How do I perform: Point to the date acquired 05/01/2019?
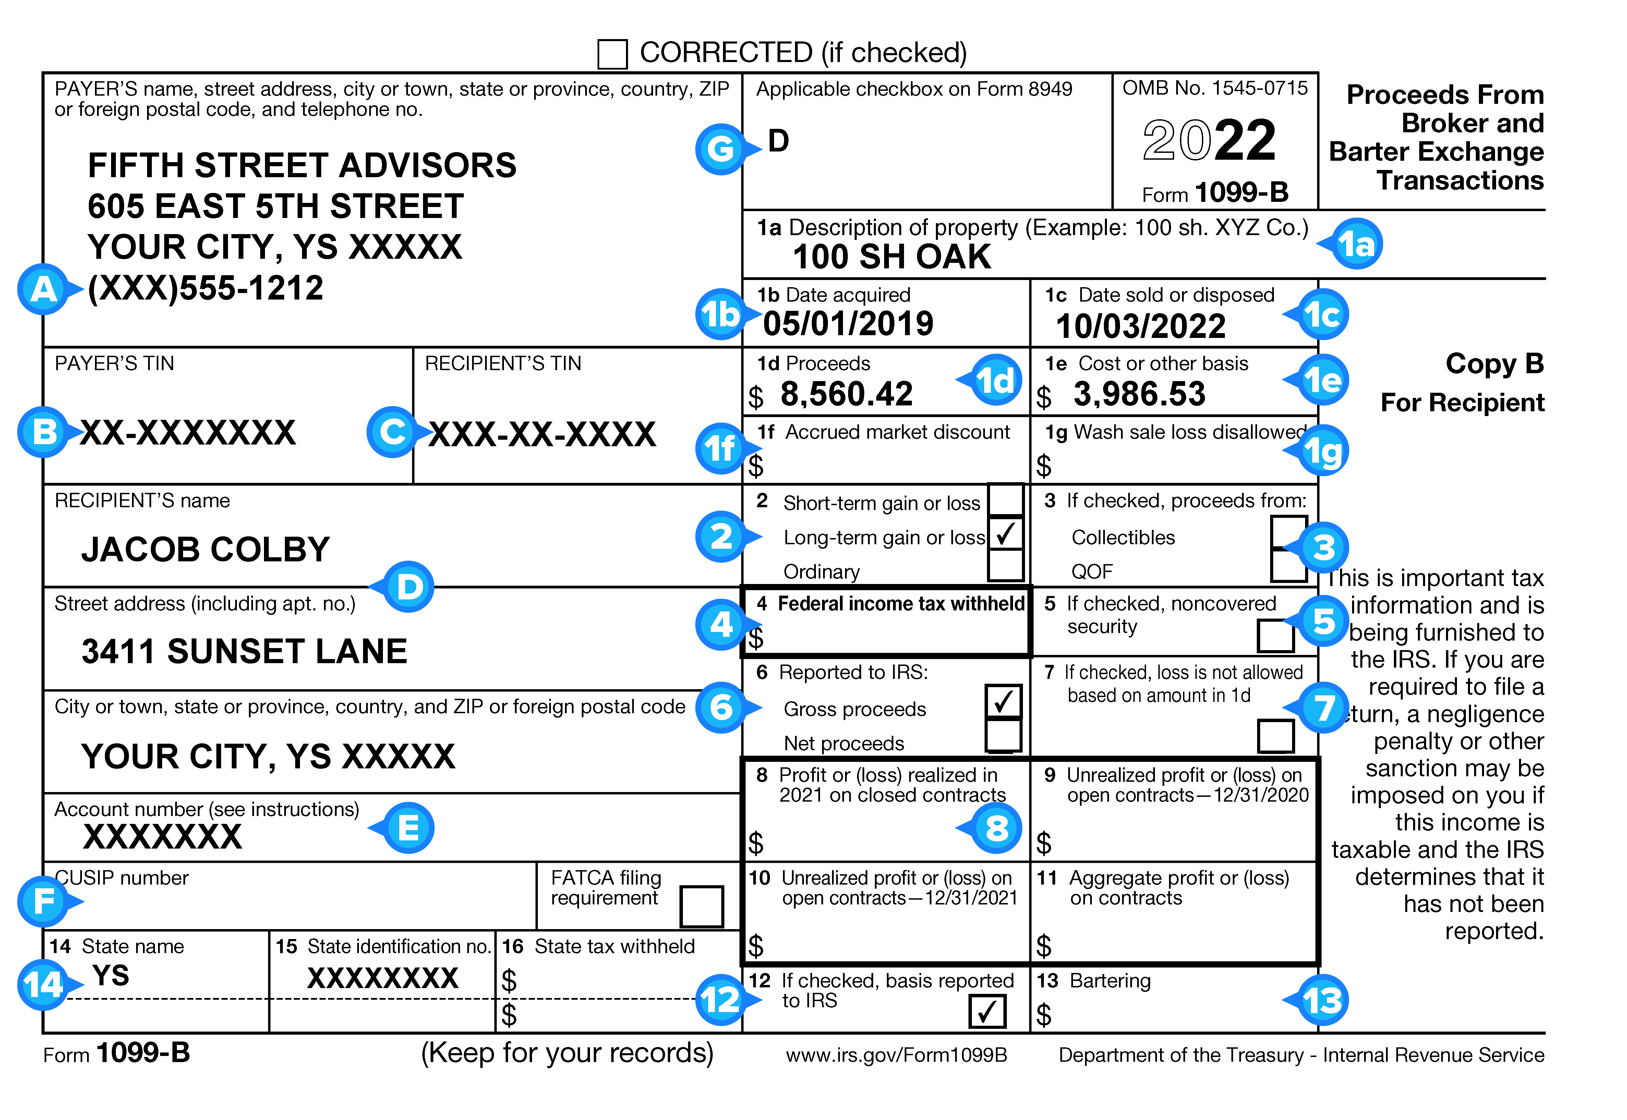pyautogui.click(x=848, y=324)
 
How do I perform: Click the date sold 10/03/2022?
pyautogui.click(x=1141, y=326)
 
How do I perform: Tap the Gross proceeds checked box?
pyautogui.click(x=1003, y=701)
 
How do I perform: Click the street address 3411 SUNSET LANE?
pyautogui.click(x=244, y=651)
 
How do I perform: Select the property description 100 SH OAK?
pyautogui.click(x=891, y=257)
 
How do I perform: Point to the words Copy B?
pyautogui.click(x=1494, y=364)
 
